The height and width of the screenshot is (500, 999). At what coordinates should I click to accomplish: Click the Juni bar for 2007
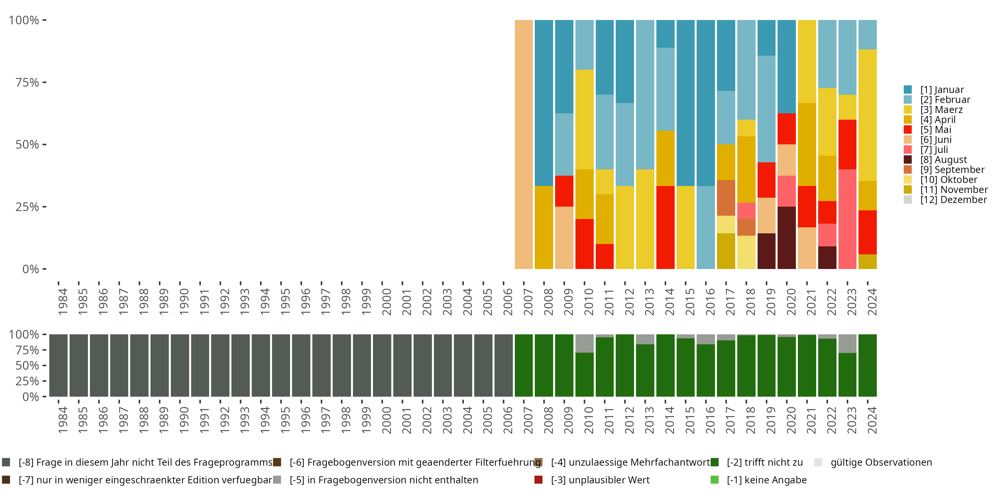click(523, 144)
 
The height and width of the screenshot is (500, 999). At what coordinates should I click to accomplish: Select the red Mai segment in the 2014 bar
click(665, 227)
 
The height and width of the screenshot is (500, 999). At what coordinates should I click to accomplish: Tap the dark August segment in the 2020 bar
click(787, 238)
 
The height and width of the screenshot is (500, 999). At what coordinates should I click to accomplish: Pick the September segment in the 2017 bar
click(726, 198)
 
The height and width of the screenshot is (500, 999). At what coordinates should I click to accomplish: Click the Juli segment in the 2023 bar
click(847, 219)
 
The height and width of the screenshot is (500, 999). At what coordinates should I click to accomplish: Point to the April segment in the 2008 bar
click(544, 227)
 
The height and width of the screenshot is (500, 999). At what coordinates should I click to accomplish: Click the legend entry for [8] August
click(943, 160)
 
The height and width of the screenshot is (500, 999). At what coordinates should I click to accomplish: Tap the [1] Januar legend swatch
click(908, 90)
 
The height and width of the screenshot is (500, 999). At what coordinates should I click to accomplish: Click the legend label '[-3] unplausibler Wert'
click(600, 480)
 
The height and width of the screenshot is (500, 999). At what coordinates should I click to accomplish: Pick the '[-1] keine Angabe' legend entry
click(766, 480)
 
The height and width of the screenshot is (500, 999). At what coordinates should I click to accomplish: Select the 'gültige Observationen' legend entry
click(881, 462)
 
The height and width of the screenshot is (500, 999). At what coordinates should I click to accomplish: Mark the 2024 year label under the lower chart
click(871, 420)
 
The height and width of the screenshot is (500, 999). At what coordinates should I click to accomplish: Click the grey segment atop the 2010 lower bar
click(584, 344)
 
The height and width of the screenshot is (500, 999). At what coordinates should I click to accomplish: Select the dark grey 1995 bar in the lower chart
click(281, 365)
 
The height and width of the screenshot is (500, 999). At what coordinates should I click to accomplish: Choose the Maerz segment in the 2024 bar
click(867, 115)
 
